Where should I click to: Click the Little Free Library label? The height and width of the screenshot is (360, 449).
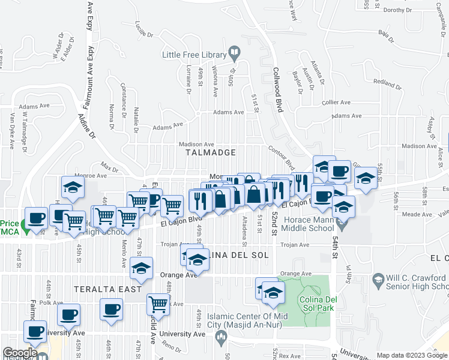[192, 55]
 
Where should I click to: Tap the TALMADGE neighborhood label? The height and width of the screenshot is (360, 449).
[211, 153]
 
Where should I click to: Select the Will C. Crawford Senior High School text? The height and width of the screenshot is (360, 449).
[417, 284]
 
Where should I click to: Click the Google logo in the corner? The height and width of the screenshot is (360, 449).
[20, 353]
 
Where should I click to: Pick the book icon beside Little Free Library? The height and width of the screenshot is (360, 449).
[234, 55]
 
